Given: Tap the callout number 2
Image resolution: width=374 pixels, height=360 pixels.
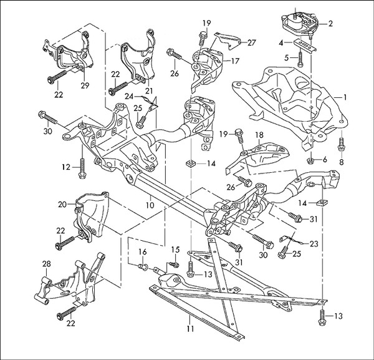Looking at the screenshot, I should (331, 24).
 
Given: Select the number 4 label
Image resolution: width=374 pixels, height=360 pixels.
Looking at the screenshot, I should (282, 42).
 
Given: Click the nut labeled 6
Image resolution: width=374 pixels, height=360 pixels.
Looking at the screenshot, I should (310, 159).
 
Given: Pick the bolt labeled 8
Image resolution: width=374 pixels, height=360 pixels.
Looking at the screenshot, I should (340, 145).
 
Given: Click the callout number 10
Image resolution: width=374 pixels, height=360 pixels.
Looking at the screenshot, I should (150, 205).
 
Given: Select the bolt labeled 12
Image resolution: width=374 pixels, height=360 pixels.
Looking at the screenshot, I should (82, 165).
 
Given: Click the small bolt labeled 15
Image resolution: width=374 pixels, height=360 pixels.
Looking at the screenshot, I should (175, 265).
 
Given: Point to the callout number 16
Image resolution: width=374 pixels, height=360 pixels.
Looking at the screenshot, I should (143, 251).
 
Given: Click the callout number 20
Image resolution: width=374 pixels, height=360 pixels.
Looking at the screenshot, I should (62, 204).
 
